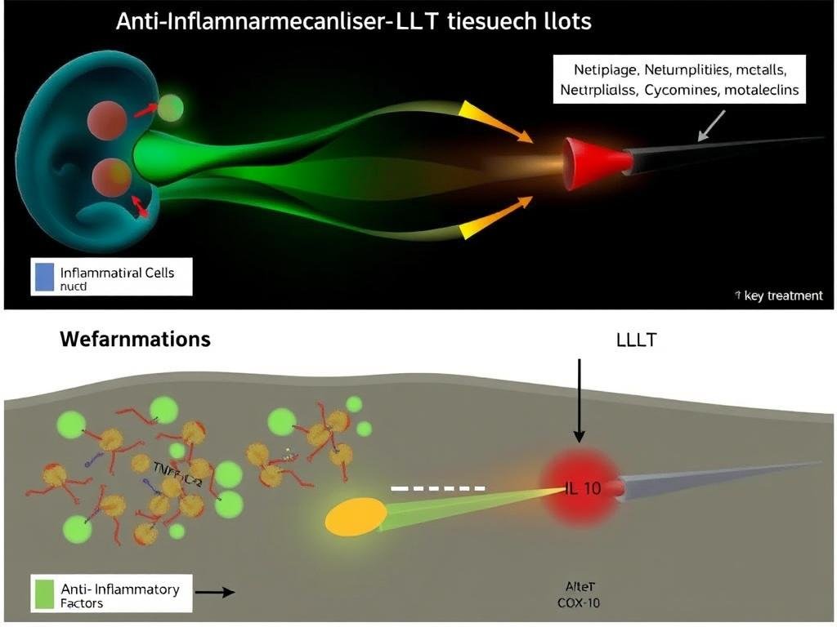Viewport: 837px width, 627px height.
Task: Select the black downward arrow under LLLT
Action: tap(580, 400)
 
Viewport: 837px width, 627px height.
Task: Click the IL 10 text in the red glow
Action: tap(584, 489)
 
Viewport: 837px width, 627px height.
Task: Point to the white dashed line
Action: tap(438, 487)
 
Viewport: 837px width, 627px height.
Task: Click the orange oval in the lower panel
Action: tap(356, 517)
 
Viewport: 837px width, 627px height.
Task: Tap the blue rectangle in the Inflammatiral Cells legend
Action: tap(43, 276)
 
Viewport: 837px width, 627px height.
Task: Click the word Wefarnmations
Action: tap(135, 338)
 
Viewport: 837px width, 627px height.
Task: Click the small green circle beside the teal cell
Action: tap(170, 107)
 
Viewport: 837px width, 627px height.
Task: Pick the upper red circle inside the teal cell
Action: tap(108, 120)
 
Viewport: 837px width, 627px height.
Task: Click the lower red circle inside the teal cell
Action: tap(112, 176)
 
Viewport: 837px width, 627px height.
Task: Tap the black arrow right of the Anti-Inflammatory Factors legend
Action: tap(216, 592)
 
